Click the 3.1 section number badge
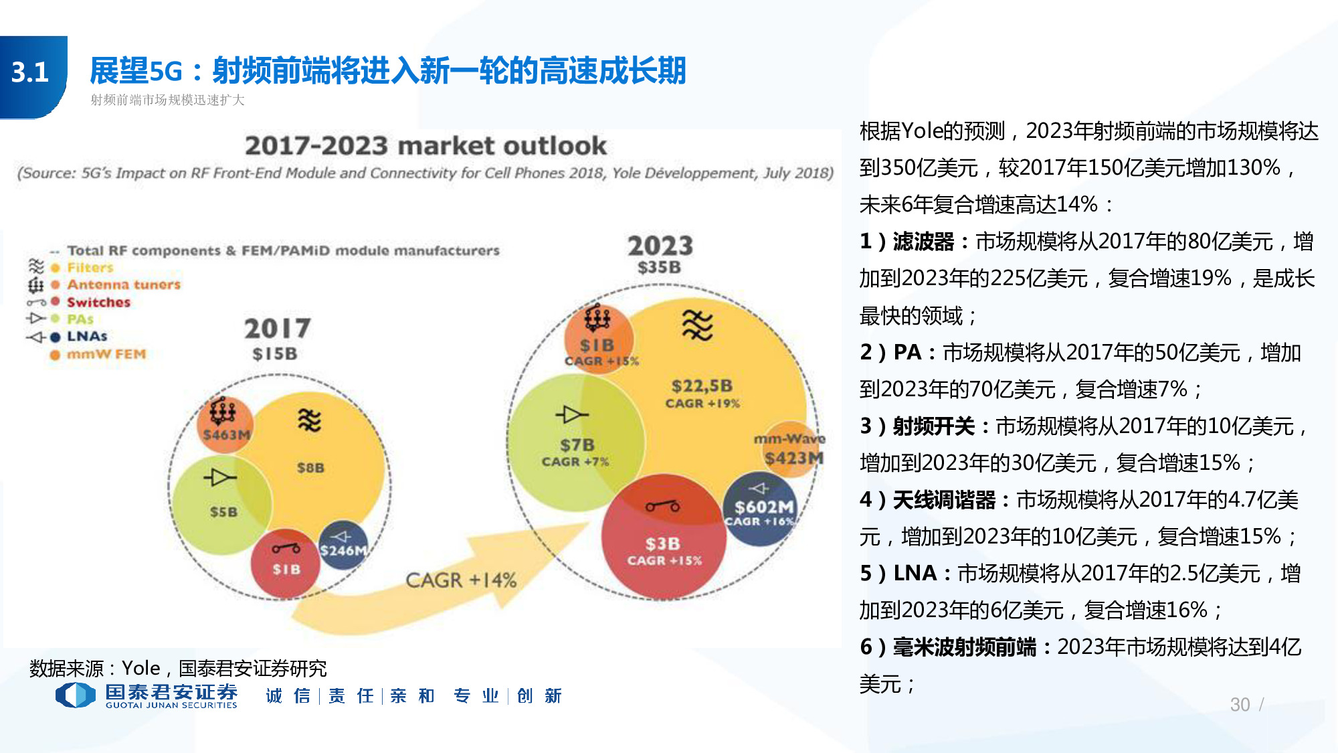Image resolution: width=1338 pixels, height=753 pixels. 31,72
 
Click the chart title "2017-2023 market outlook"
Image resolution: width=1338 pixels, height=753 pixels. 425,145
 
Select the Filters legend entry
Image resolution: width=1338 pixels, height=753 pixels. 90,268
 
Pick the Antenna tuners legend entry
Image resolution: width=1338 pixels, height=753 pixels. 124,284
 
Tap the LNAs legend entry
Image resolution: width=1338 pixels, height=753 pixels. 87,337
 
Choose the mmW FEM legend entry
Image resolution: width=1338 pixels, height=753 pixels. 106,354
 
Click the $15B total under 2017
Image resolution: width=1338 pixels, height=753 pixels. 275,353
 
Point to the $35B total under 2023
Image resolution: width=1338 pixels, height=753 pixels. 659,268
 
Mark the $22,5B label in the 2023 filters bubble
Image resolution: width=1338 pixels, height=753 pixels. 702,386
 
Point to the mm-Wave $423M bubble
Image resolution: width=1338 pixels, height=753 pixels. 793,450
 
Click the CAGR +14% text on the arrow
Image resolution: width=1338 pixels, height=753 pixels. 461,580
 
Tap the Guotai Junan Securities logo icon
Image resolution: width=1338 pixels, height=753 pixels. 75,695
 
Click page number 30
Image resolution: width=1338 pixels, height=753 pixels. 1240,704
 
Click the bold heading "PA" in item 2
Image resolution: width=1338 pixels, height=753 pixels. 907,352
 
